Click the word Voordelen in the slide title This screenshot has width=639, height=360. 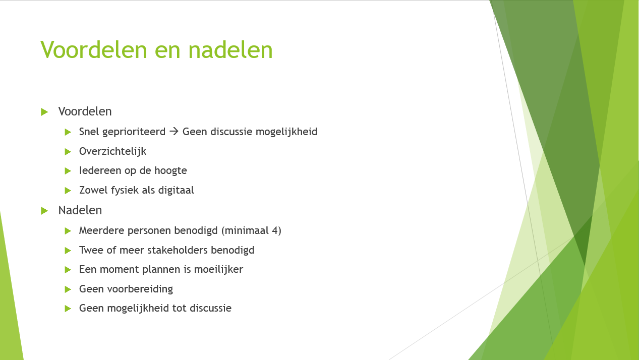94,49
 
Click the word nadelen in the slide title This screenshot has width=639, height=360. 230,49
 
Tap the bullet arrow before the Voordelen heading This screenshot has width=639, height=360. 44,112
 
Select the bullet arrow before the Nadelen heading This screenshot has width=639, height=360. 44,211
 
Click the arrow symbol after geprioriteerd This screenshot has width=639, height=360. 173,132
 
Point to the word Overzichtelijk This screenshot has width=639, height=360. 112,151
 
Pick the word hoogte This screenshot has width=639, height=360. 170,170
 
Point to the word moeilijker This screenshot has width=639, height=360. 218,270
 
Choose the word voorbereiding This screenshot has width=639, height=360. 140,289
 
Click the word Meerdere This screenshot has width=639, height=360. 101,230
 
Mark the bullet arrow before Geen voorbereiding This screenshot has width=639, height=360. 68,289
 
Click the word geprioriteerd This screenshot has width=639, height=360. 134,132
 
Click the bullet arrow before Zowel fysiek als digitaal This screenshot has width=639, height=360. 68,191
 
